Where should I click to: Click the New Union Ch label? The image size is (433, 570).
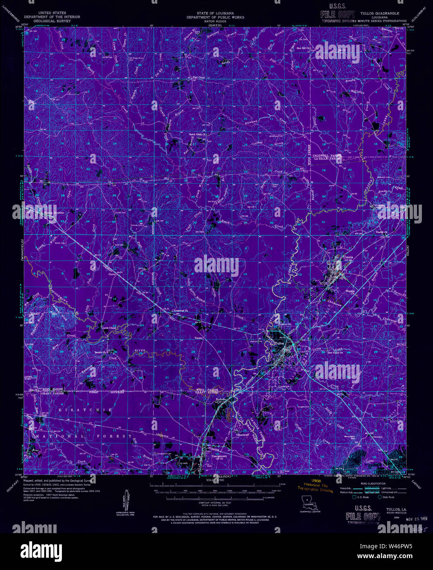point(337,352)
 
